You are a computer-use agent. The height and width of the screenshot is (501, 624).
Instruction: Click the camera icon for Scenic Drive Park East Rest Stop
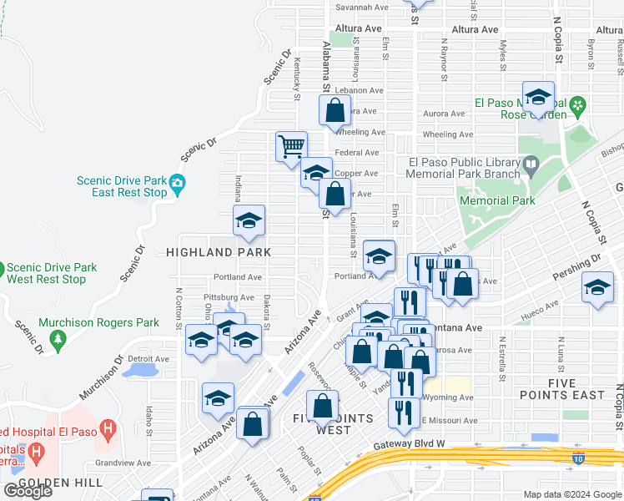click(x=177, y=183)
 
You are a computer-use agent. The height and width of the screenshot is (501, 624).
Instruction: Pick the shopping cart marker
click(x=291, y=147)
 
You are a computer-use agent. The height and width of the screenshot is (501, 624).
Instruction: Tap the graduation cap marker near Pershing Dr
click(x=597, y=289)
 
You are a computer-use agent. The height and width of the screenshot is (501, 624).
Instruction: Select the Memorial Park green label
click(x=496, y=201)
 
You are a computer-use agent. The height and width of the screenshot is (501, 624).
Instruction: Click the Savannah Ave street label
click(x=362, y=7)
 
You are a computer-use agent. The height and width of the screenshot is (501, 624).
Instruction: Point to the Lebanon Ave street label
click(x=359, y=90)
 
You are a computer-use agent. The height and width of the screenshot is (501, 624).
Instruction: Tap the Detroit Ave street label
click(x=148, y=359)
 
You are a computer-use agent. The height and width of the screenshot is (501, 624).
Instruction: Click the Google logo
click(x=28, y=491)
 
